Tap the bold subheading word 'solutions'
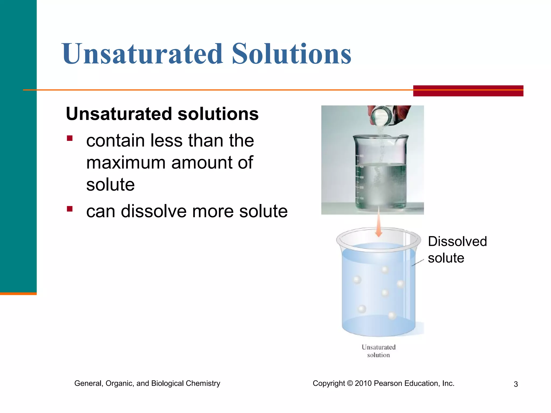click(218, 114)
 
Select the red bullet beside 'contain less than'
click(70, 138)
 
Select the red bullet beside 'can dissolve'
click(70, 209)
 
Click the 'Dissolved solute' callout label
click(457, 249)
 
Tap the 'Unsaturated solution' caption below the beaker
click(379, 351)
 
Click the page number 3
click(516, 384)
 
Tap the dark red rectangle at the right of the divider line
click(468, 91)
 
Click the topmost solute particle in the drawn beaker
click(385, 270)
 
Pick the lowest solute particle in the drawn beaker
click(392, 315)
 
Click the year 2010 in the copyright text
click(363, 383)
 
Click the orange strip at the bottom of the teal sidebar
click(18, 294)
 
